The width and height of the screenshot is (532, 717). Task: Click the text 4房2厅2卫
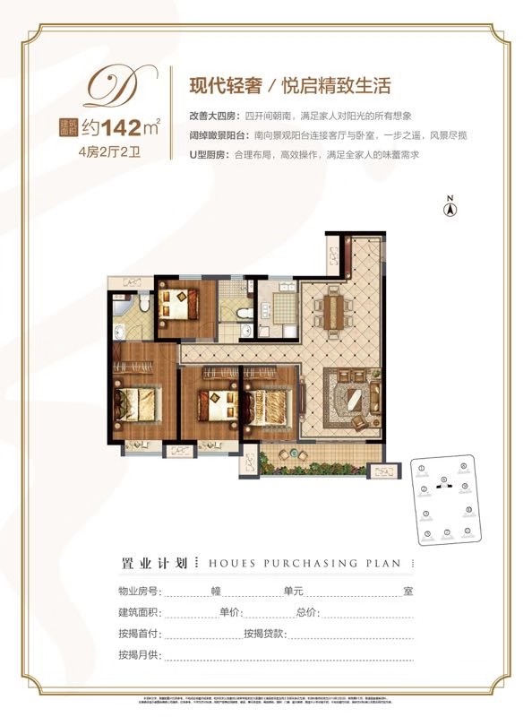point(104,150)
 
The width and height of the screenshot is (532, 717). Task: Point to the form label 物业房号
point(139,592)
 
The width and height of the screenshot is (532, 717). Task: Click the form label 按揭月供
point(139,654)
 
